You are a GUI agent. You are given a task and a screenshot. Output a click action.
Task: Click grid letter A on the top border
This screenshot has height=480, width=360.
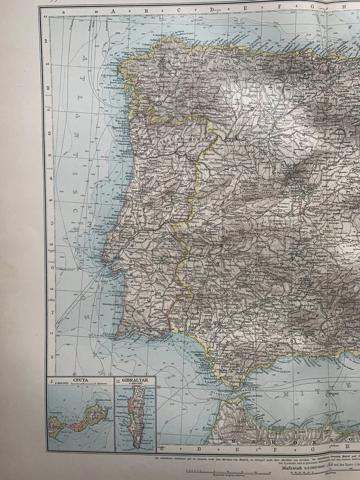(113, 9)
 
